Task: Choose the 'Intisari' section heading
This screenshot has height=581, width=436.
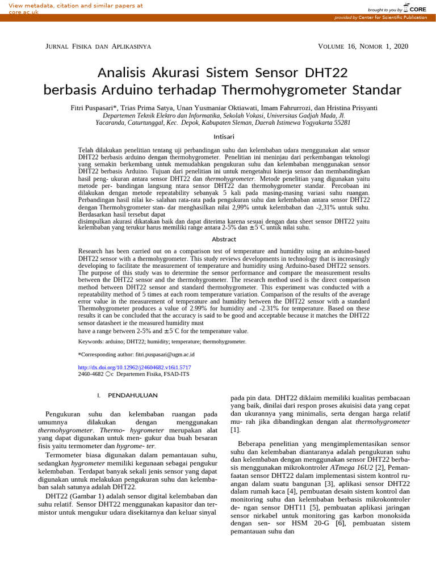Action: pos(224,137)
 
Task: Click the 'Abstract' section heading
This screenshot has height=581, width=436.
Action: pos(224,239)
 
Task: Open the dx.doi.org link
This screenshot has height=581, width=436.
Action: pos(130,368)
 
